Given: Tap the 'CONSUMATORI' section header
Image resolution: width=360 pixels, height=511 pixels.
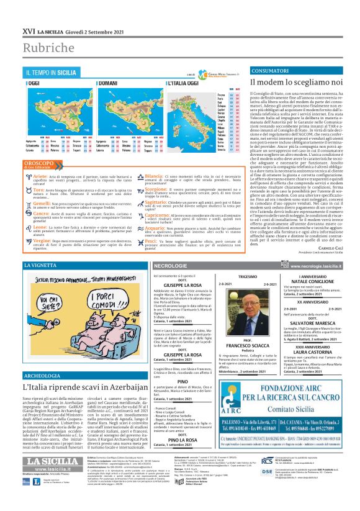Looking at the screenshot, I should (250, 71).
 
